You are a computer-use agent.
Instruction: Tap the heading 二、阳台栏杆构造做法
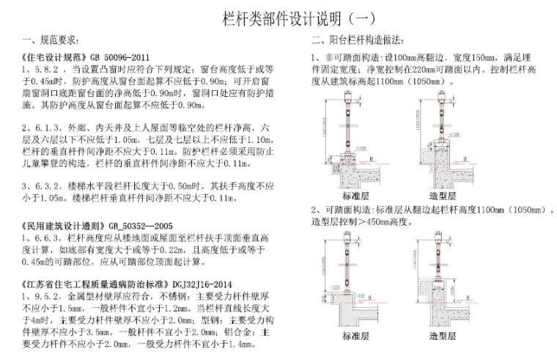coord(358,40)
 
